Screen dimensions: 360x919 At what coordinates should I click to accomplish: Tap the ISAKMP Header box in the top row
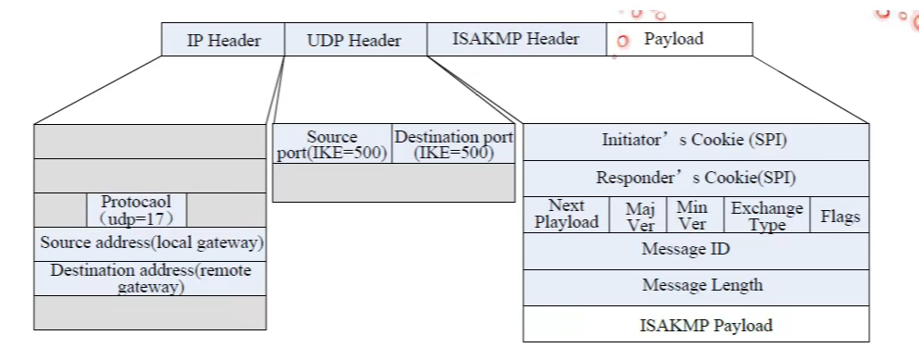pos(516,39)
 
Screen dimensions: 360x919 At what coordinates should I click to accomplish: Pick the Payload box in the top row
pos(680,39)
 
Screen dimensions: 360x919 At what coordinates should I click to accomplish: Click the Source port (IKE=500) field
pos(332,144)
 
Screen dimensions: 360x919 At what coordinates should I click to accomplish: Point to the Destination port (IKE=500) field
pos(453,144)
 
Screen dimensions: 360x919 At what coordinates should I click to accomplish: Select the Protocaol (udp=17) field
pos(136,210)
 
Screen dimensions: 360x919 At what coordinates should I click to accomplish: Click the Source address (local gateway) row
pos(150,243)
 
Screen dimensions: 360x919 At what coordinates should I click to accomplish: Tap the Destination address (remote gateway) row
pos(150,278)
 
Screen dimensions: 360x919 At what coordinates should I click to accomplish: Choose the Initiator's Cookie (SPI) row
pos(695,142)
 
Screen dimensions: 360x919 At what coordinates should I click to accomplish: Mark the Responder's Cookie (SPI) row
pos(695,178)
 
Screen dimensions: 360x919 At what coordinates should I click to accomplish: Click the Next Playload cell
pos(566,215)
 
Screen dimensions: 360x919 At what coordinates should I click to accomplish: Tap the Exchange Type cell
pos(766,215)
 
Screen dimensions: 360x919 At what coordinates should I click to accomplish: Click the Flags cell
pos(840,216)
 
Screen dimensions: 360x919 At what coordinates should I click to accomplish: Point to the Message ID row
pos(695,250)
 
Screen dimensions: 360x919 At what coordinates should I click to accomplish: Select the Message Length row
pos(695,286)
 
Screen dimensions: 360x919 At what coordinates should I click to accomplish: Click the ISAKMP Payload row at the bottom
pos(695,325)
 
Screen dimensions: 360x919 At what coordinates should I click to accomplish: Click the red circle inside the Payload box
pos(623,41)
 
